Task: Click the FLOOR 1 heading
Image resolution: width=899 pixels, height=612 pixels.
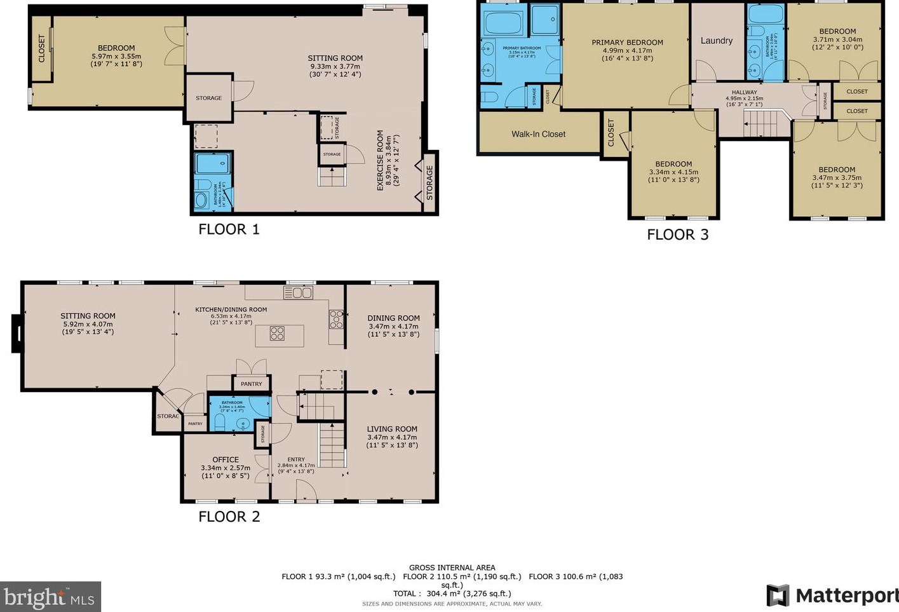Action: click(x=229, y=229)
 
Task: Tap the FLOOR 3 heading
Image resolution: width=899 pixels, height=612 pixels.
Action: click(x=677, y=235)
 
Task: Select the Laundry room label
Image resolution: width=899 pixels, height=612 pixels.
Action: click(x=716, y=41)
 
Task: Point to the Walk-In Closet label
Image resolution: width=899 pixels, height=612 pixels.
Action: click(x=538, y=134)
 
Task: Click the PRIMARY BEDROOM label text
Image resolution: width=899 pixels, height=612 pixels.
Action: click(x=627, y=43)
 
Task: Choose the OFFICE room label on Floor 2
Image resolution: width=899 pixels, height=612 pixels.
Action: click(x=226, y=459)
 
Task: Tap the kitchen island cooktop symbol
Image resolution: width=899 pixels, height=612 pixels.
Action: click(x=277, y=333)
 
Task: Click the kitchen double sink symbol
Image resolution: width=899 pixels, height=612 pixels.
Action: click(x=298, y=292)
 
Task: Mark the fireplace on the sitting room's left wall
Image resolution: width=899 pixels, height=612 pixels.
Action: click(x=17, y=333)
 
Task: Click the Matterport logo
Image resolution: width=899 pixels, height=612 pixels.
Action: click(x=832, y=595)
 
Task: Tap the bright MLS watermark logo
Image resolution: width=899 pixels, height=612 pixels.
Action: click(x=50, y=597)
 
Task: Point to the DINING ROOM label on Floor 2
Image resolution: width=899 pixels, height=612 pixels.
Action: click(x=393, y=318)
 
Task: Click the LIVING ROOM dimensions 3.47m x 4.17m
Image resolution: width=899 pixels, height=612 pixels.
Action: click(x=392, y=437)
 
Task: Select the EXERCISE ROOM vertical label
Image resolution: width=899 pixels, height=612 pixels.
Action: click(x=380, y=160)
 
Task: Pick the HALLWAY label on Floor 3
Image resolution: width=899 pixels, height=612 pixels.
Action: click(x=744, y=92)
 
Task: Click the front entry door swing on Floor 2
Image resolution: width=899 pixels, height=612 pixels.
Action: click(x=307, y=491)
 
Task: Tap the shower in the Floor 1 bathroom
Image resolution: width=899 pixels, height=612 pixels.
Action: click(x=213, y=163)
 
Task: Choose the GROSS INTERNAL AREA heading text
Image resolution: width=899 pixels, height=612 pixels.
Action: click(x=452, y=568)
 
